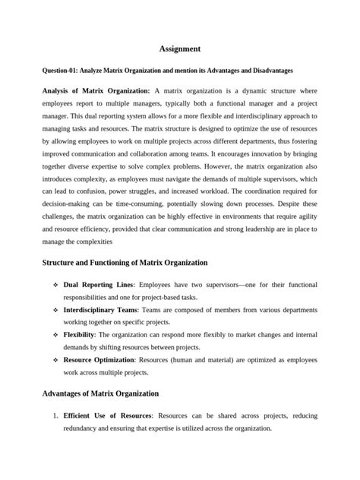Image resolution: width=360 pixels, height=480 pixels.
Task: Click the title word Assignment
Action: (x=180, y=49)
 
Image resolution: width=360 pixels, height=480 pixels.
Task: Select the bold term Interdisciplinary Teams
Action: (x=104, y=312)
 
